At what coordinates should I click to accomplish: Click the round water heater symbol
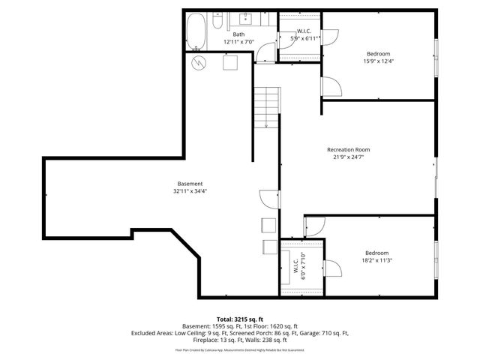coord(199,61)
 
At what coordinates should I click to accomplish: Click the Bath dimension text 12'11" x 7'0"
coord(239,42)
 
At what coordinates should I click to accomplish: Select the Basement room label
coord(190,184)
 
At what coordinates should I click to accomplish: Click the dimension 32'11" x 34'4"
coord(190,192)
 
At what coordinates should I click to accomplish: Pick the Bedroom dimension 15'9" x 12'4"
coord(378,61)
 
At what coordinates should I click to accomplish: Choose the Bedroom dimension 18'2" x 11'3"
coord(378,260)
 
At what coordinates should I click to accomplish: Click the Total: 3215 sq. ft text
coord(240,318)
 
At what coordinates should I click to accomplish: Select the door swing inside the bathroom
coord(265,52)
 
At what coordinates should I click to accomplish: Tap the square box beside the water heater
coord(230,63)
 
